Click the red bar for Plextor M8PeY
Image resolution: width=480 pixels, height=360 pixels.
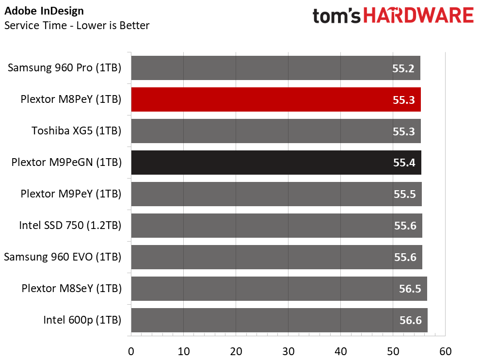click(x=276, y=99)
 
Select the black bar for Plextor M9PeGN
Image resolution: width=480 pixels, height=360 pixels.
click(x=276, y=163)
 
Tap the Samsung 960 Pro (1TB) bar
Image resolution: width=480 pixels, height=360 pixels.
click(x=276, y=68)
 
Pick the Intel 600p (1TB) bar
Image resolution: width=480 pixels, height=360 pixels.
click(x=279, y=320)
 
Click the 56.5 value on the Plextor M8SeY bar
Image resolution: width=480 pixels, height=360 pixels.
click(x=410, y=289)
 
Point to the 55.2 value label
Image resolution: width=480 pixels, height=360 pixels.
click(x=403, y=68)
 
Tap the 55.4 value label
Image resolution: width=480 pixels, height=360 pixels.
click(x=404, y=163)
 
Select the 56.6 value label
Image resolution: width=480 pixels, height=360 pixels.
click(x=411, y=321)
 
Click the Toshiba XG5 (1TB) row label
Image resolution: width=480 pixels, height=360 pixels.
click(x=77, y=131)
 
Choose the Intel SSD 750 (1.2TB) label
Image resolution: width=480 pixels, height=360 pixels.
click(x=70, y=226)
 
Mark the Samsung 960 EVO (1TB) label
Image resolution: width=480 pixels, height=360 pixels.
click(x=63, y=257)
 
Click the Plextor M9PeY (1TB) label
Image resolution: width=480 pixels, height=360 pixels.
click(x=71, y=194)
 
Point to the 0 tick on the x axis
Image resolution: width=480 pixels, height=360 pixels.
click(x=131, y=351)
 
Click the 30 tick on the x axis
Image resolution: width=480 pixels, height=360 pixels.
click(x=288, y=351)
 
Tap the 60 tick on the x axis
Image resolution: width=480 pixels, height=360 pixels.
click(x=446, y=351)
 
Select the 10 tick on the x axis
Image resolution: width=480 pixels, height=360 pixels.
click(x=184, y=351)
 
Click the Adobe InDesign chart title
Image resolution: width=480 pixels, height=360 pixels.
click(x=44, y=11)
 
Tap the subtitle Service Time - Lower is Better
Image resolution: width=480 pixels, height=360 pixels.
click(x=77, y=25)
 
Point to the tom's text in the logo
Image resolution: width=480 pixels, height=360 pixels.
click(x=336, y=16)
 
